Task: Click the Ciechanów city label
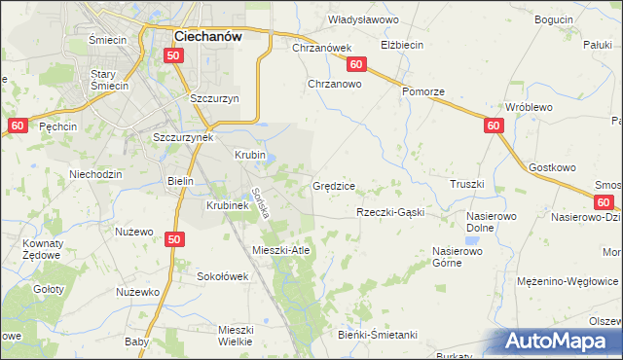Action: click(x=207, y=35)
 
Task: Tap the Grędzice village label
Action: click(x=334, y=185)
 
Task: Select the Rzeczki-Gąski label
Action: click(x=390, y=212)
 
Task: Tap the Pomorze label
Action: click(x=423, y=91)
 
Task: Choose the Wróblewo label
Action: click(x=530, y=107)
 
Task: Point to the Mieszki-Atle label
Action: click(x=280, y=250)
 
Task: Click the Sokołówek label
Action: click(x=223, y=276)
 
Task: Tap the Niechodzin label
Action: click(x=94, y=174)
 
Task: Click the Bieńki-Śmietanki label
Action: click(x=380, y=336)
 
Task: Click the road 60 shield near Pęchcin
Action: click(x=17, y=126)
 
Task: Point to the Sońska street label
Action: click(x=259, y=201)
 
